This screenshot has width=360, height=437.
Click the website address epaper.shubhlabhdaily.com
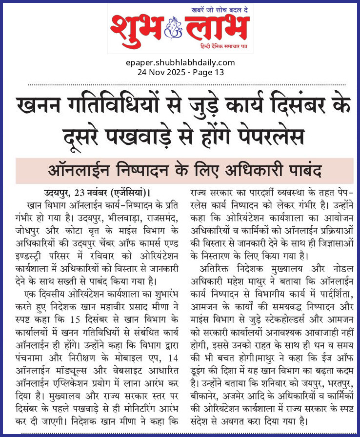click(180, 62)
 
